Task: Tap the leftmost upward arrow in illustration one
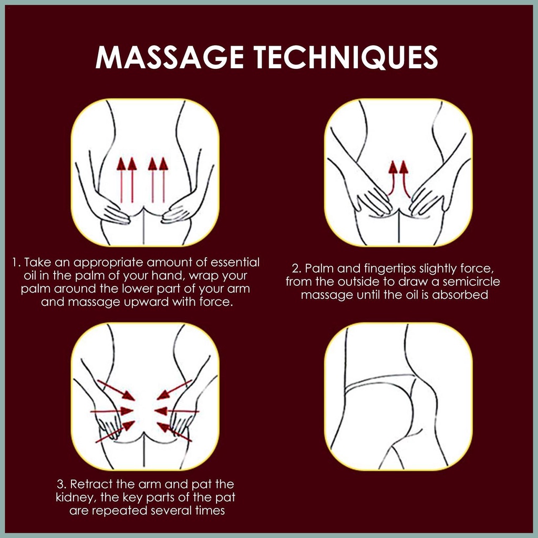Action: [121, 180]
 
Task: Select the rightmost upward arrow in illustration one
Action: [164, 180]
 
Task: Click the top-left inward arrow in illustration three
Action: [116, 390]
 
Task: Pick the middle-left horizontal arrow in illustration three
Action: [111, 411]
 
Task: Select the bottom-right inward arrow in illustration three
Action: [174, 432]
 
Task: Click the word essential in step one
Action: [235, 263]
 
